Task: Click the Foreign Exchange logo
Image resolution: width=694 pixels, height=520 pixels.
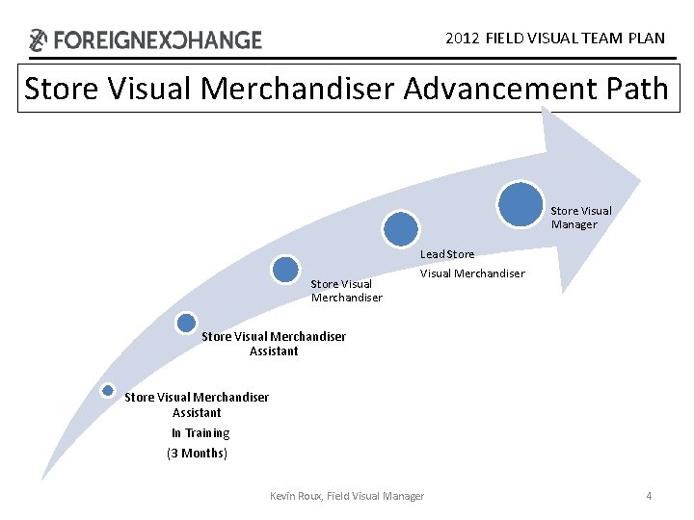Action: coord(145,39)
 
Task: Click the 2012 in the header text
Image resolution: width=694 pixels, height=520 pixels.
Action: coord(463,39)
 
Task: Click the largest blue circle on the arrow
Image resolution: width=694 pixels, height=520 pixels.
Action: coord(521,203)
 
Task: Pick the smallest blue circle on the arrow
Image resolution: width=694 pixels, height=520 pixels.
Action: coord(108,390)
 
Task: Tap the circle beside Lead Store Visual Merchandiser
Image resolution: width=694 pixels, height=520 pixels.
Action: coord(401,228)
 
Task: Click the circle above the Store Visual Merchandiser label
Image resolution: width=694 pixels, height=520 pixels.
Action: coord(285,269)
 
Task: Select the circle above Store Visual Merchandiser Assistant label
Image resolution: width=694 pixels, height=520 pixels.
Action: coord(186,323)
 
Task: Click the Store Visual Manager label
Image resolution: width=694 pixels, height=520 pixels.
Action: coord(580,218)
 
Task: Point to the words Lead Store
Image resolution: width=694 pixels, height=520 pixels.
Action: coord(446,254)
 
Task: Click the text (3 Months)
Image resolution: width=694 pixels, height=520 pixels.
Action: coord(197,453)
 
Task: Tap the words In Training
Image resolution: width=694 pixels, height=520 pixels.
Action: coord(200,433)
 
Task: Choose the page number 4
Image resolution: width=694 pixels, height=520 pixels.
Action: coord(649,496)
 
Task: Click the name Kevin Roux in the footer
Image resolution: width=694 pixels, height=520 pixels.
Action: coord(295,496)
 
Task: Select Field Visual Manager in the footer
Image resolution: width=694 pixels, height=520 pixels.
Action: coord(375,496)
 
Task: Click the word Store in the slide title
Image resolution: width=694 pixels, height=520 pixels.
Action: coord(60,89)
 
